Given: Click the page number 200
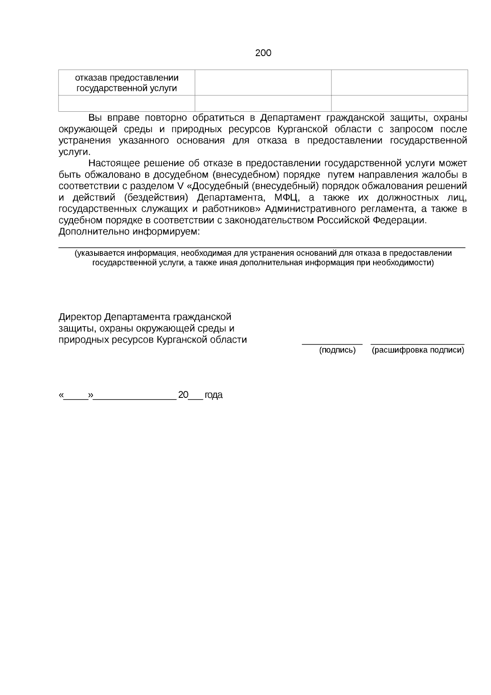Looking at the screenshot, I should (x=263, y=53).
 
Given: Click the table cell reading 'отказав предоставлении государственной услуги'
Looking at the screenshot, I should (x=127, y=83).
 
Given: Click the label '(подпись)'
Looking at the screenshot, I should (x=337, y=350).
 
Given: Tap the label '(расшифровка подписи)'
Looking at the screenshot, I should (x=418, y=350).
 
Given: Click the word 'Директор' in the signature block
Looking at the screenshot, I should (x=80, y=317).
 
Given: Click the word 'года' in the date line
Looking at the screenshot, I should (x=214, y=395).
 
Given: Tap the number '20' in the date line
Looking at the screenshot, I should (x=183, y=395).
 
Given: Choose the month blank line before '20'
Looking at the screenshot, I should (x=135, y=398).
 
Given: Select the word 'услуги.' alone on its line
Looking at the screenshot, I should (x=74, y=152).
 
